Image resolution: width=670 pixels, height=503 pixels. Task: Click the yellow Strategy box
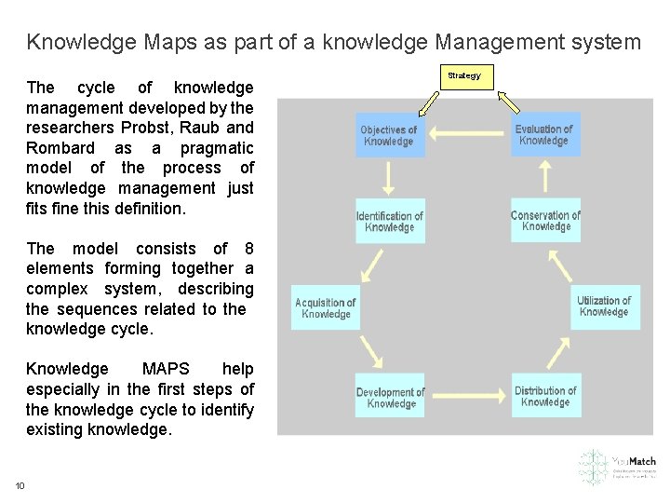[x=464, y=76]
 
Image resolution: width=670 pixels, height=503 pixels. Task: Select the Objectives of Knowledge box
[x=389, y=135]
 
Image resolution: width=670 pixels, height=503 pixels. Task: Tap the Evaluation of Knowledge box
[x=544, y=134]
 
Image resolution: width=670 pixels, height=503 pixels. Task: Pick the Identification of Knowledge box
[x=390, y=221]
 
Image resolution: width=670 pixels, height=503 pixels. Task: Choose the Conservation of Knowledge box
[x=545, y=221]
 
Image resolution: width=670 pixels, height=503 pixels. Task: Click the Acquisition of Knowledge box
[x=326, y=307]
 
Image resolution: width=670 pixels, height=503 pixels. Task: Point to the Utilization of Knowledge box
[x=605, y=306]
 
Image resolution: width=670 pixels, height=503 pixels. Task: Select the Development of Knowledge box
[x=390, y=397]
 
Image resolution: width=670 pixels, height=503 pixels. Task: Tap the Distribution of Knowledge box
[x=545, y=396]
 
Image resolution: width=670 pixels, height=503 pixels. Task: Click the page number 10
[x=20, y=485]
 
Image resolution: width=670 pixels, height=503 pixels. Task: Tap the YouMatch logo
[x=616, y=467]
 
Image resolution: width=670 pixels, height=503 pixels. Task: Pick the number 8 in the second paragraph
[x=248, y=249]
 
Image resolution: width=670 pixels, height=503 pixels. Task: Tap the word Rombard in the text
[x=60, y=148]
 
